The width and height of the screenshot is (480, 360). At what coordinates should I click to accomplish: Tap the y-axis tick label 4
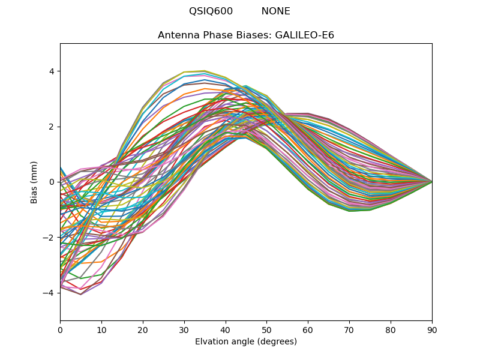52,71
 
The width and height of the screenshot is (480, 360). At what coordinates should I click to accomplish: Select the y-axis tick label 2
52,127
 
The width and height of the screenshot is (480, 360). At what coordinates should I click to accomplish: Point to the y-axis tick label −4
49,293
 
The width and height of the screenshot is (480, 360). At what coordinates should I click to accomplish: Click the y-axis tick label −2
49,238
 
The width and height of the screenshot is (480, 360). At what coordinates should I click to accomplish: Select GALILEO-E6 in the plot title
305,35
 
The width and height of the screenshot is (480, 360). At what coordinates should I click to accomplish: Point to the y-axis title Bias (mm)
34,182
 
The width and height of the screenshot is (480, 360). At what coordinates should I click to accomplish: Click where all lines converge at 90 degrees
431,182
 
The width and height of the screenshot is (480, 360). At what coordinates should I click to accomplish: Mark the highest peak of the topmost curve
205,71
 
